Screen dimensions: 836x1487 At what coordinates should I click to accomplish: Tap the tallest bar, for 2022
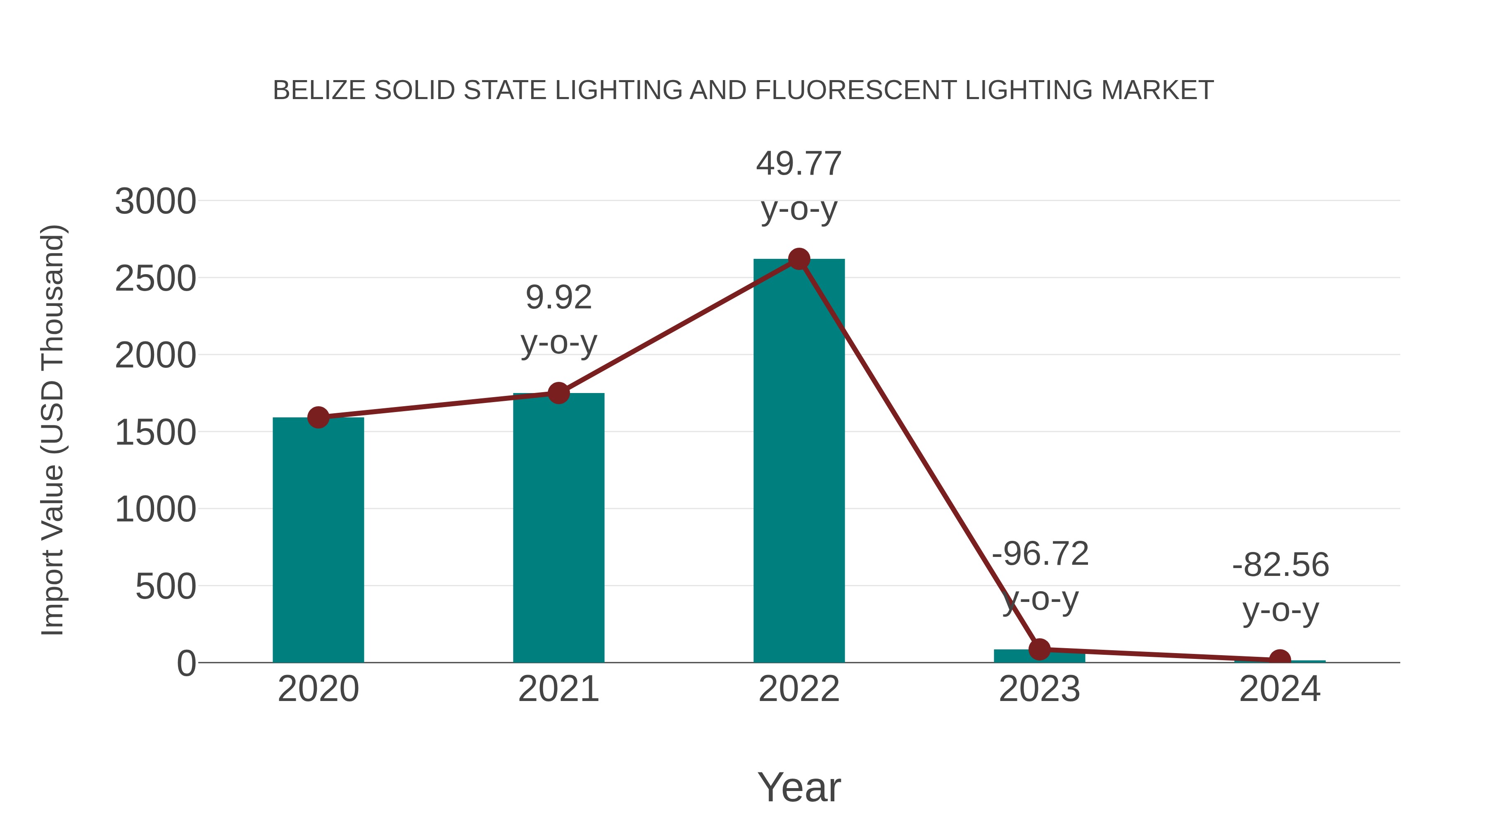798,462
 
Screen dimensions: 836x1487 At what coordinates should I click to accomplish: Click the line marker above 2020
318,417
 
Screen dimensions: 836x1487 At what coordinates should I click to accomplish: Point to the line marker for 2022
798,259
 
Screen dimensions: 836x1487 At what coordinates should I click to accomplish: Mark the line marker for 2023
1039,649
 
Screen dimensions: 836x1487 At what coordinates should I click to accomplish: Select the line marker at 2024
1280,659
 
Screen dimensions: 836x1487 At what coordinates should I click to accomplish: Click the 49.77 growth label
798,164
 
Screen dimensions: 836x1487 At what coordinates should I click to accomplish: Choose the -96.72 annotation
1040,554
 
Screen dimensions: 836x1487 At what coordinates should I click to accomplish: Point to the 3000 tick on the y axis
155,202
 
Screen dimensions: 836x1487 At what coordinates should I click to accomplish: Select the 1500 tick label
155,433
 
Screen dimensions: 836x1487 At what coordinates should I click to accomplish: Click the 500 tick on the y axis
166,587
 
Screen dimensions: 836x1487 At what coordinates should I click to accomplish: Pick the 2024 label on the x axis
1280,689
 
